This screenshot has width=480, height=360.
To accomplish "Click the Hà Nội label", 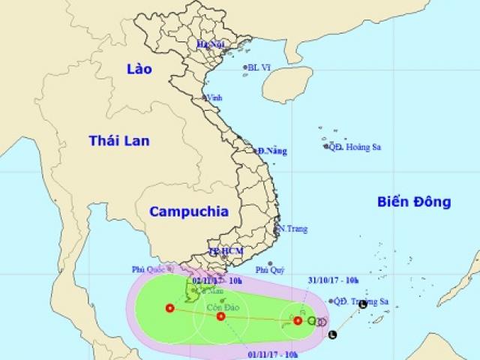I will (210, 45).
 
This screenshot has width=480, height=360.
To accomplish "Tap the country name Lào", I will (139, 69).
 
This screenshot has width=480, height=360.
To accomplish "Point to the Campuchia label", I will (188, 211).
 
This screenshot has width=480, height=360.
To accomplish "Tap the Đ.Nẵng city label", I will (271, 151).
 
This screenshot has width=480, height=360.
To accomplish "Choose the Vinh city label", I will (215, 97).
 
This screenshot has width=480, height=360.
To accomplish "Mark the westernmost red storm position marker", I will (169, 307).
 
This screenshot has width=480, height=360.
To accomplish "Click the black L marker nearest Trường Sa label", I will (363, 305).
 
